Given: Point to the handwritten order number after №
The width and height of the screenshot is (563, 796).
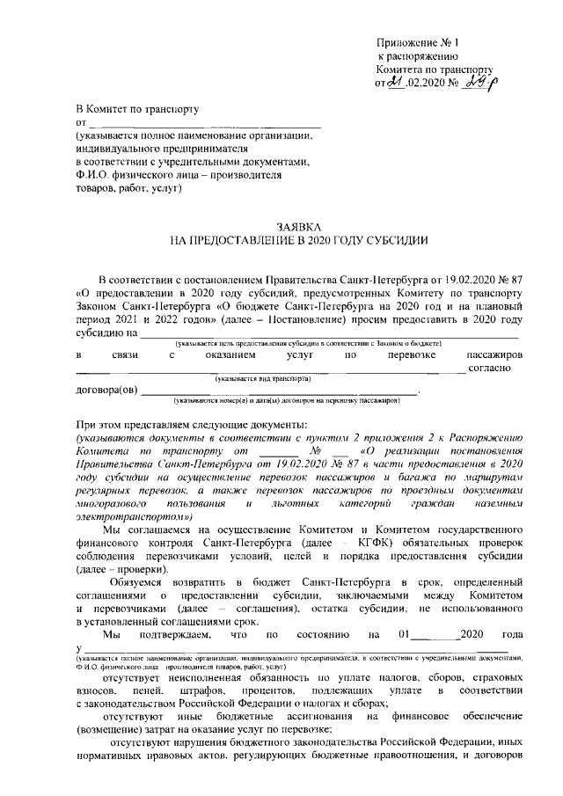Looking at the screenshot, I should pos(477,83).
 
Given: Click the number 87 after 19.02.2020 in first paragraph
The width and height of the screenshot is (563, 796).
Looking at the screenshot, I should pos(516,275).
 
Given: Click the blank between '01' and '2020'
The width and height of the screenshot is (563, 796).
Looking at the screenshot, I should pos(459,635).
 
